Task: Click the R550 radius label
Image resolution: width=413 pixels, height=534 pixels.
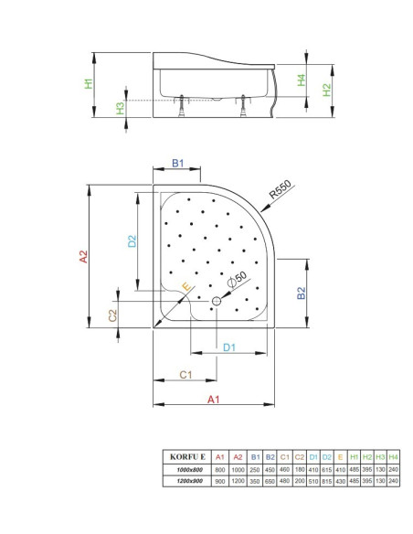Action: click(x=281, y=189)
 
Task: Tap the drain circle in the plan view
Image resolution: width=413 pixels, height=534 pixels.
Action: click(x=217, y=301)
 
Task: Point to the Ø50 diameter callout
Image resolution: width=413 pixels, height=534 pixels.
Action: click(x=238, y=280)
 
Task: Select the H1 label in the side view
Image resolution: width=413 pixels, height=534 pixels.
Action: click(x=89, y=84)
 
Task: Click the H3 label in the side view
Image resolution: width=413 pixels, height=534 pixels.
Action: click(x=121, y=109)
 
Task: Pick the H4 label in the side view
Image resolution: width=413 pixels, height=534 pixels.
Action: click(x=302, y=80)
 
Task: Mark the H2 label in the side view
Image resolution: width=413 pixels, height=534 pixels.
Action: click(x=326, y=90)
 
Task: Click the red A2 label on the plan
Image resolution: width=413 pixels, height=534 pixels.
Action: click(x=84, y=256)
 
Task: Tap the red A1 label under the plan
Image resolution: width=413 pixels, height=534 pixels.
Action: click(x=214, y=400)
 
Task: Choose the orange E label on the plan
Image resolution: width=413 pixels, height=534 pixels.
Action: click(x=186, y=286)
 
